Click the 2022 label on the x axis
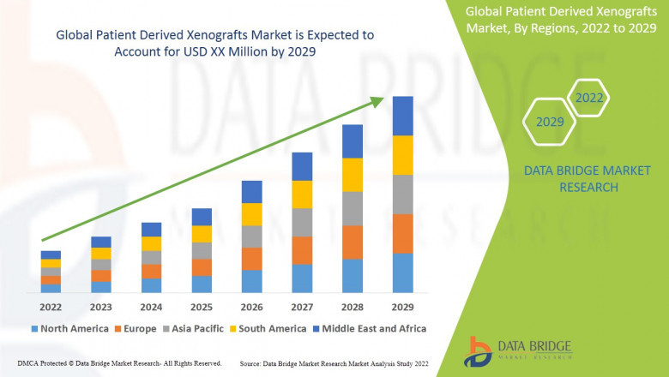click(x=51, y=306)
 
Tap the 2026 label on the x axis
click(x=251, y=306)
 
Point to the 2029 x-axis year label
click(x=402, y=306)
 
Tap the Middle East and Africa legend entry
click(x=371, y=328)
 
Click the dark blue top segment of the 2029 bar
click(x=402, y=116)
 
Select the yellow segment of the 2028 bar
click(x=353, y=175)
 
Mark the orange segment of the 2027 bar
click(x=302, y=250)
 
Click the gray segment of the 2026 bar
click(x=251, y=236)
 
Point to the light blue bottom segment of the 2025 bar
click(x=202, y=284)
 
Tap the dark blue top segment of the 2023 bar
click(x=101, y=242)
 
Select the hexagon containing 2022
click(x=588, y=99)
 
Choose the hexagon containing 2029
click(x=550, y=123)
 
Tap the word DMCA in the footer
click(x=16, y=364)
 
